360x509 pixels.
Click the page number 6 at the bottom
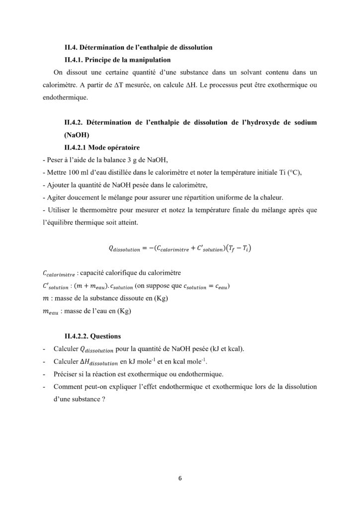coord(180,478)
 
